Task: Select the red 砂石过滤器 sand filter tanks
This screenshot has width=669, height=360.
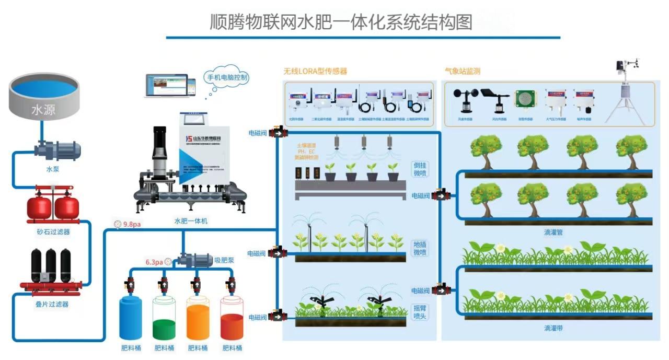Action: click(x=52, y=206)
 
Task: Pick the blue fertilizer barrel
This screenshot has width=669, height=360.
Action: click(x=131, y=318)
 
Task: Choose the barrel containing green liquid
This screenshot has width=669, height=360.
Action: click(x=164, y=319)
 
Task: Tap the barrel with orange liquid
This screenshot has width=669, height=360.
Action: click(x=198, y=319)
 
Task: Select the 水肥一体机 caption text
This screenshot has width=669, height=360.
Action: click(x=191, y=221)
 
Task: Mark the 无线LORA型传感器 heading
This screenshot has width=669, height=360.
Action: click(x=315, y=71)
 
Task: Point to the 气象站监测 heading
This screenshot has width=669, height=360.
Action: click(x=462, y=71)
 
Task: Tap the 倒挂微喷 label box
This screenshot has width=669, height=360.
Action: click(x=420, y=169)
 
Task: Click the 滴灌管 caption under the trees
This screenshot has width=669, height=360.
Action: click(x=552, y=231)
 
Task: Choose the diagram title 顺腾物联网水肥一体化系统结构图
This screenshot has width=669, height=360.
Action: click(x=341, y=22)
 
